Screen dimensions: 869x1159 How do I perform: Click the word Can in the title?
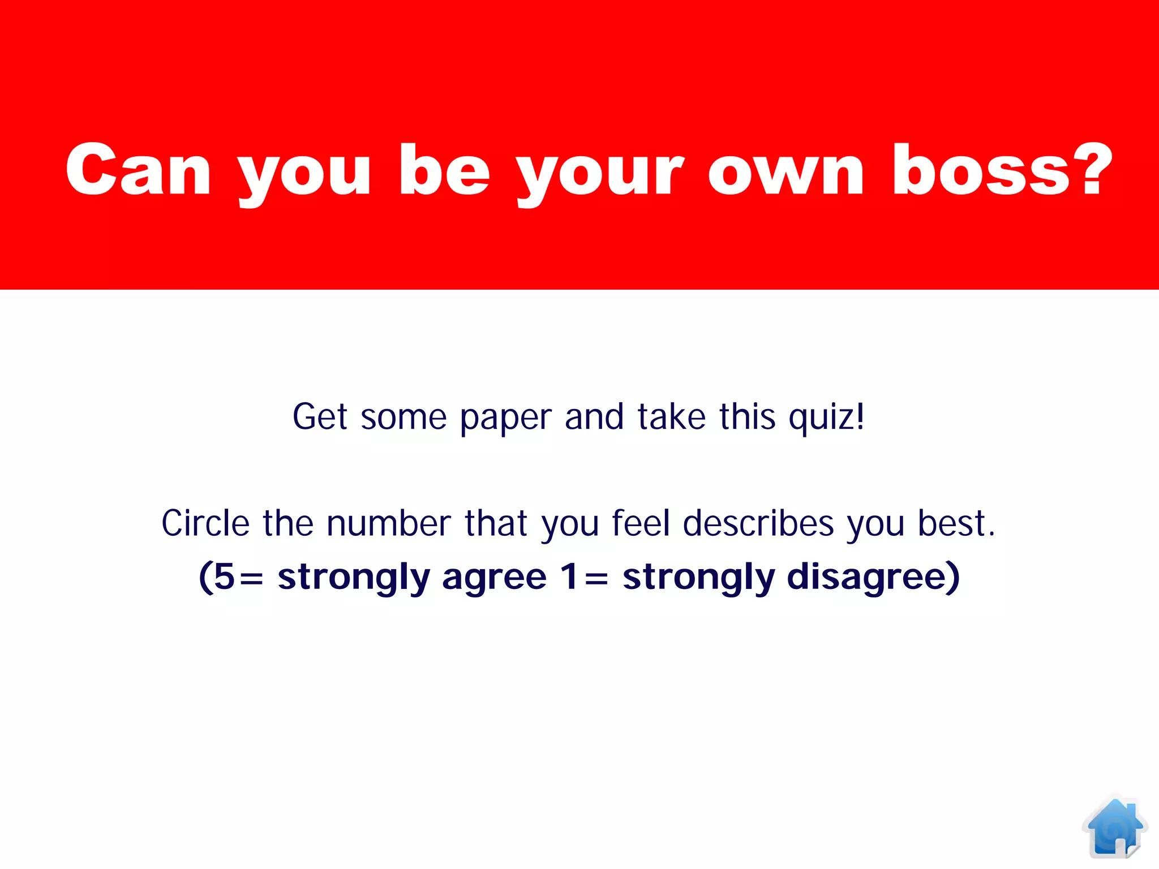pyautogui.click(x=138, y=170)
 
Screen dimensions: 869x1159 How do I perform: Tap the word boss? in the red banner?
pyautogui.click(x=1002, y=170)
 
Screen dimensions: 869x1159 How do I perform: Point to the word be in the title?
pyautogui.click(x=444, y=170)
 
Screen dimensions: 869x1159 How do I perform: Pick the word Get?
pyautogui.click(x=319, y=417)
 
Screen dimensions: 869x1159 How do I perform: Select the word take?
pyautogui.click(x=672, y=417)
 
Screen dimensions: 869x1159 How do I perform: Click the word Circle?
pyautogui.click(x=205, y=523)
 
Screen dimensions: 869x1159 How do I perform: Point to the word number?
pyautogui.click(x=389, y=523)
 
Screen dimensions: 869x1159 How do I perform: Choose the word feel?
pyautogui.click(x=641, y=523)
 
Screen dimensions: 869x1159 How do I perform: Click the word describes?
pyautogui.click(x=758, y=523)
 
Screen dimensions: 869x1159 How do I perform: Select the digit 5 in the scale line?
pyautogui.click(x=224, y=577)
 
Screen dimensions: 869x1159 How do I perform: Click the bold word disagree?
pyautogui.click(x=866, y=578)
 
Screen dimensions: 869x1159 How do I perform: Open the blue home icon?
pyautogui.click(x=1114, y=827)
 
